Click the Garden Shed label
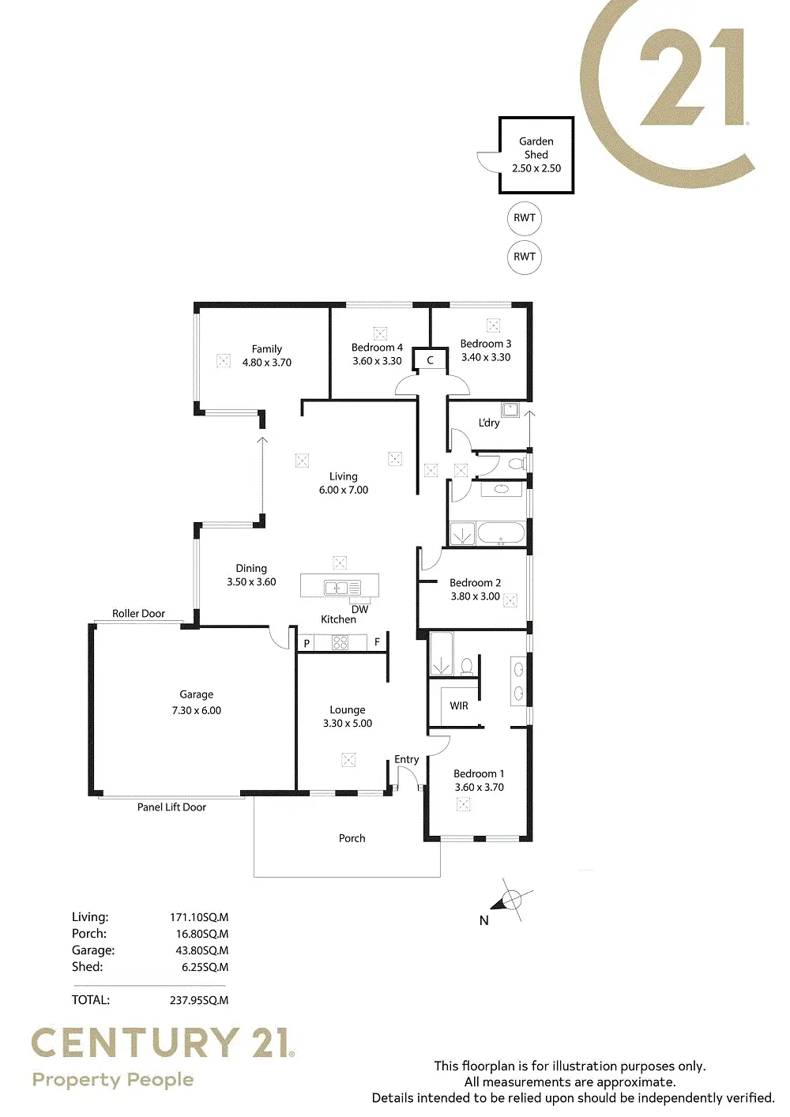tap(536, 148)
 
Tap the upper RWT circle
tap(525, 218)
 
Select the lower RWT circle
tap(525, 257)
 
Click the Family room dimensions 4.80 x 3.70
tap(267, 363)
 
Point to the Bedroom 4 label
tap(377, 348)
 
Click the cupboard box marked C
tap(431, 360)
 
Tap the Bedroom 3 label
tap(486, 344)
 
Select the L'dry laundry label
tap(489, 423)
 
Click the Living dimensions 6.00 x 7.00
tap(344, 490)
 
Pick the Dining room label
tap(251, 568)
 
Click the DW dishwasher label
tap(360, 609)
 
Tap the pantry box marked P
tap(307, 644)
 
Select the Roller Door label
tap(138, 613)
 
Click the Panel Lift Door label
tap(171, 807)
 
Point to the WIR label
tap(459, 705)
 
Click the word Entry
tap(407, 759)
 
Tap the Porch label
tap(352, 838)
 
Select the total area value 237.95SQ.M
tap(199, 1000)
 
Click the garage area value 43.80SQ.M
tap(201, 950)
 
